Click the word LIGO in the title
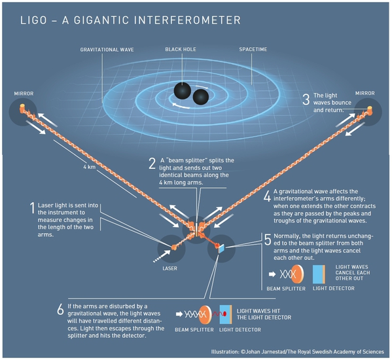click(x=33, y=20)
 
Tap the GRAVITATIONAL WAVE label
click(x=107, y=50)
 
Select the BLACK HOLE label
click(x=181, y=49)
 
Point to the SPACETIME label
click(x=253, y=49)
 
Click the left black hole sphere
click(x=183, y=91)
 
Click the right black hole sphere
click(x=201, y=97)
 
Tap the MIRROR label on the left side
click(x=24, y=94)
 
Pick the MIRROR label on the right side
click(x=365, y=93)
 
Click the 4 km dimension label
click(x=90, y=167)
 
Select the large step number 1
click(x=32, y=208)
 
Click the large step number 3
click(x=306, y=99)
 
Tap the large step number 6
click(x=60, y=310)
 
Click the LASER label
click(x=169, y=268)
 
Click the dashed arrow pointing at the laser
click(x=162, y=256)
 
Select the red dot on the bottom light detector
click(x=224, y=314)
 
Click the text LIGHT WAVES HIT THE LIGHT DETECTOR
click(x=264, y=314)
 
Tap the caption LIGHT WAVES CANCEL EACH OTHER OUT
click(x=353, y=273)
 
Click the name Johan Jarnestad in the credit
click(x=266, y=351)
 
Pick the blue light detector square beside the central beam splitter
click(x=221, y=249)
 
